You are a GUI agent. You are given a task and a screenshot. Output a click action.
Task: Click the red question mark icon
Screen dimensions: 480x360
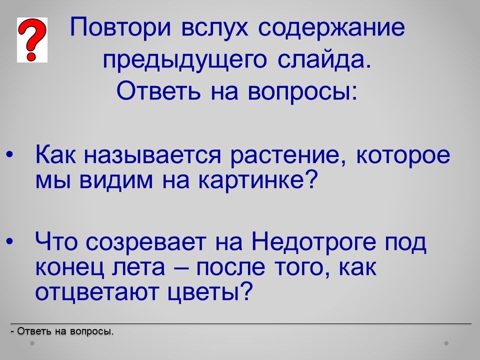(32, 39)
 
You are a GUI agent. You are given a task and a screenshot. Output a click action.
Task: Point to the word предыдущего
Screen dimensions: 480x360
(185, 60)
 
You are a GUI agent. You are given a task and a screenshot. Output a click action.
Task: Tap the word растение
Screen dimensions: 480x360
(288, 156)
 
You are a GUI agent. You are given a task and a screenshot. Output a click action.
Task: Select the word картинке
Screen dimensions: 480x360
(256, 180)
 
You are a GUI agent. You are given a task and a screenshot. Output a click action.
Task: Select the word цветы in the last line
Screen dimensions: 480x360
(211, 292)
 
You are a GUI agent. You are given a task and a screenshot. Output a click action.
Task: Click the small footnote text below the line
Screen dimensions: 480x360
(61, 331)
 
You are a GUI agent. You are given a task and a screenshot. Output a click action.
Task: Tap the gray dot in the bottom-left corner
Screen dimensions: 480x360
(32, 343)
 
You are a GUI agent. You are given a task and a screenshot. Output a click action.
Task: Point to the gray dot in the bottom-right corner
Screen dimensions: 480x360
(446, 343)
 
